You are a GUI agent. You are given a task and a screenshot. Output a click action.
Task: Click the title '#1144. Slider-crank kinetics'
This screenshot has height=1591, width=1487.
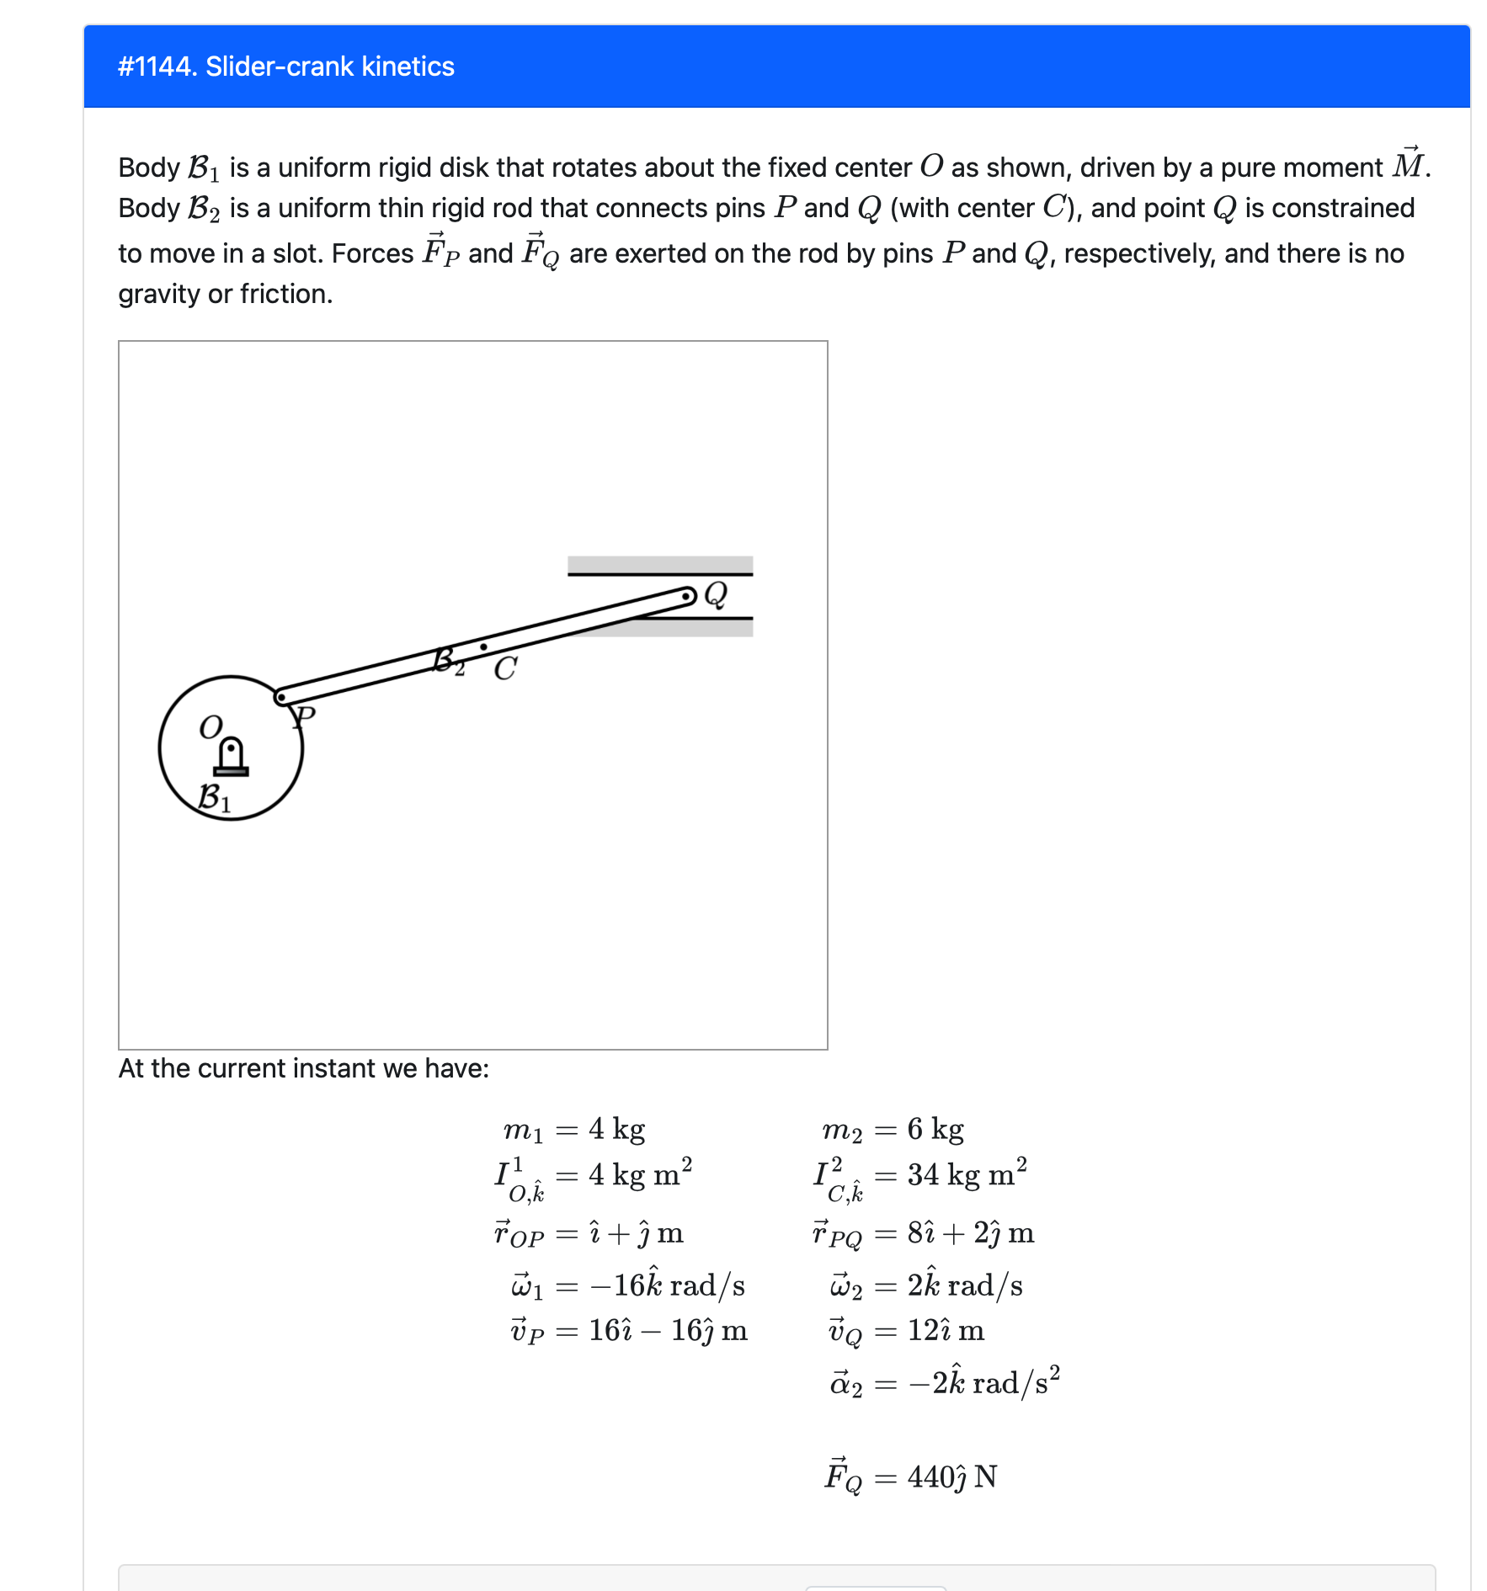tap(286, 67)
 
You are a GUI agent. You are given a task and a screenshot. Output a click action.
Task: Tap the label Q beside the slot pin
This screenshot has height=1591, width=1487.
tap(716, 594)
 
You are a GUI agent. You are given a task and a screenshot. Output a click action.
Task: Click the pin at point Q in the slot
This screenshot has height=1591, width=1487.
tap(688, 597)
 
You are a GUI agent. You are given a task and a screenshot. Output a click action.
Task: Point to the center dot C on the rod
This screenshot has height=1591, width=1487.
tap(483, 647)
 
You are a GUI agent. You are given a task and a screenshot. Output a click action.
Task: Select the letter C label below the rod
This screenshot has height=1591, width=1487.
tap(505, 669)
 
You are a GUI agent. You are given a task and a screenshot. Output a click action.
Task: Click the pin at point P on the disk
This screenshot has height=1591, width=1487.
tap(281, 698)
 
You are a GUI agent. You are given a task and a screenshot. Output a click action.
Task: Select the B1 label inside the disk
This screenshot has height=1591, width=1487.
tap(214, 797)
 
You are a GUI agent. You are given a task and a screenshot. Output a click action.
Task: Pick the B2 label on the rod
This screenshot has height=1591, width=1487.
tap(448, 662)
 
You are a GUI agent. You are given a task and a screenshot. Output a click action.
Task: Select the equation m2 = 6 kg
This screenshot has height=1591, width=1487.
tap(893, 1129)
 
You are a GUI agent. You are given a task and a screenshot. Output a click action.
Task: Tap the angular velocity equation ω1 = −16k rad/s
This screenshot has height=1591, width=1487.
tap(628, 1285)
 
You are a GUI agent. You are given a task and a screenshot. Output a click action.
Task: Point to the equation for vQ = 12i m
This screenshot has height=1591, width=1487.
tap(907, 1331)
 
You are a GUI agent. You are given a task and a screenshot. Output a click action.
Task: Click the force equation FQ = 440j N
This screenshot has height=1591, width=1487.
tap(911, 1475)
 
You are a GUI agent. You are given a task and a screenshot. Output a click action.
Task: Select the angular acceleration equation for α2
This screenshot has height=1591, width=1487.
tap(945, 1382)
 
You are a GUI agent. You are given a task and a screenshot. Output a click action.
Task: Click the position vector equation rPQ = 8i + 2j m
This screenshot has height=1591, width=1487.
tap(923, 1233)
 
